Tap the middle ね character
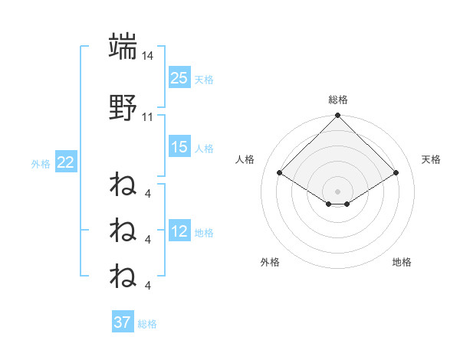click(123, 229)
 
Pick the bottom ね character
click(123, 274)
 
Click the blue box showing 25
click(179, 78)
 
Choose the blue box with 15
click(179, 146)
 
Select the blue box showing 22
click(65, 162)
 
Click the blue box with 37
click(123, 322)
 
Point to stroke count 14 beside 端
click(148, 56)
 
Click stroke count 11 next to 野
click(148, 117)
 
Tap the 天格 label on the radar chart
click(431, 159)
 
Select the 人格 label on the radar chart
click(245, 159)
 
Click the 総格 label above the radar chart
click(337, 100)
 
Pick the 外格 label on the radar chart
click(270, 262)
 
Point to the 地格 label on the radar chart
click(402, 262)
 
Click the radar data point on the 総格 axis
click(337, 116)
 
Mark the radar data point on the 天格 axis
click(396, 172)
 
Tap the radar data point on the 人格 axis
click(280, 172)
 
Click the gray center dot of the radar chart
click(337, 191)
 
